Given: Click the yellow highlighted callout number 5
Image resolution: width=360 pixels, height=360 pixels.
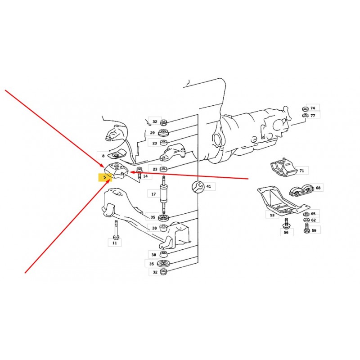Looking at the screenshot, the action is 105,177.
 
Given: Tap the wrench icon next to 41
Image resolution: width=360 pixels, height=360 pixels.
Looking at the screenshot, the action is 198,186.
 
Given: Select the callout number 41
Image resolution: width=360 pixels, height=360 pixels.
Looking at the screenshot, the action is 208,186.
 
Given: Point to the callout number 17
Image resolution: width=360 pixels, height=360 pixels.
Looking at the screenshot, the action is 153,194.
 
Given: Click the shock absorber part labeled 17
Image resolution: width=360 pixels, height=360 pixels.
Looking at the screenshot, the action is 164,195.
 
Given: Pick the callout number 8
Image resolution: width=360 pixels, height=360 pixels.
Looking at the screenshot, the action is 103,156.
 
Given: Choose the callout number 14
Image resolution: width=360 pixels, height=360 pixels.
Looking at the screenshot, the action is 145,176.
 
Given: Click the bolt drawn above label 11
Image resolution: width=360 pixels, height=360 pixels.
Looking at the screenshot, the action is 116,230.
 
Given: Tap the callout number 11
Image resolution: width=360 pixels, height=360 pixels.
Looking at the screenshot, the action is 115,243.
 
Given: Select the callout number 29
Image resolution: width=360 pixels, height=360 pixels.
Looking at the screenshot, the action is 153,133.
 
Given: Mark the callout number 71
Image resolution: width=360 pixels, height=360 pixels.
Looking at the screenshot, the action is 301,171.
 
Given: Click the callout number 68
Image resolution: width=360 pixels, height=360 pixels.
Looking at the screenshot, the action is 318,188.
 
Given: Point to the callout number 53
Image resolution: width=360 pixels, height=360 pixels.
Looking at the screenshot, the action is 272,215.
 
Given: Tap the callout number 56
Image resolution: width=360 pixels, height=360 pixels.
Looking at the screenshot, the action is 286,232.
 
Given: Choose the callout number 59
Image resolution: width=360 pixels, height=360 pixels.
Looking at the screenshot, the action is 314,230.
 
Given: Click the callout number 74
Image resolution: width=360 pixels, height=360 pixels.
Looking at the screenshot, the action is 313,108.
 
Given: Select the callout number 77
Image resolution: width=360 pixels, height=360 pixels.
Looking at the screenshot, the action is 313,116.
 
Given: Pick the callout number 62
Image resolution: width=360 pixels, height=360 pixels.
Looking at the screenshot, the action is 313,220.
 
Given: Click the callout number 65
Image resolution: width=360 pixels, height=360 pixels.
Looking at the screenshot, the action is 313,214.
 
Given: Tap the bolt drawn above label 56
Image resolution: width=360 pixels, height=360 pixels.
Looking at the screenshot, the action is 286,223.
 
